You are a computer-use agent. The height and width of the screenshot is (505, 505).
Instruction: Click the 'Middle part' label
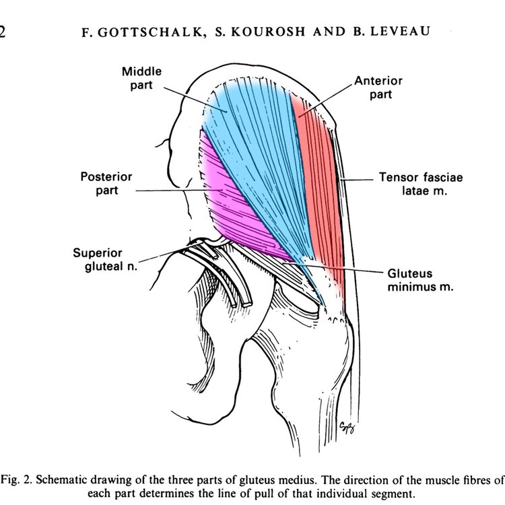click(x=141, y=78)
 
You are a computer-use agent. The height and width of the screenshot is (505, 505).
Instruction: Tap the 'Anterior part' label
click(x=378, y=88)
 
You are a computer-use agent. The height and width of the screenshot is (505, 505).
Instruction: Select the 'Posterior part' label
click(x=106, y=183)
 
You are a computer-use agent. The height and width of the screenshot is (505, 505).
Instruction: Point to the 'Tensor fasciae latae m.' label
click(x=421, y=184)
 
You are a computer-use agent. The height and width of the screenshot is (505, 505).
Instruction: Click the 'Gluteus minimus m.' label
click(x=420, y=280)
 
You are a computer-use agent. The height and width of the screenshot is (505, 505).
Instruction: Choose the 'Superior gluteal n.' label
click(x=105, y=259)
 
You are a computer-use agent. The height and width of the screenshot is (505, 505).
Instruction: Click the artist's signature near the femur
click(x=347, y=428)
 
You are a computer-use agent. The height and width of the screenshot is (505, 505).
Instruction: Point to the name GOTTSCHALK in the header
click(x=150, y=32)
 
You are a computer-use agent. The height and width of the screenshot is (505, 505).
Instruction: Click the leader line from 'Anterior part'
click(x=326, y=101)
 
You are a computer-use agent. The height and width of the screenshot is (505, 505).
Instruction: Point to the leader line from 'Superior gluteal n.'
click(x=171, y=252)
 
